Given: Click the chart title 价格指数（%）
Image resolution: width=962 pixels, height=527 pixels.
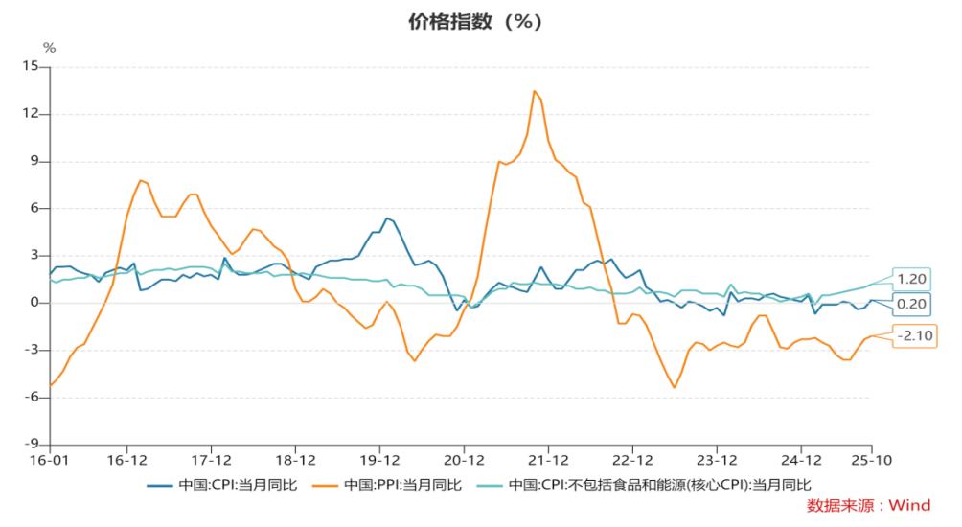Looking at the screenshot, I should pos(481,22).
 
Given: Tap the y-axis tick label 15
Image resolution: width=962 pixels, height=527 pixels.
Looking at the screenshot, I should pos(31,67).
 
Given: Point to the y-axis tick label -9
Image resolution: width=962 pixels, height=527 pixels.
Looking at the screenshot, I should pos(33,445).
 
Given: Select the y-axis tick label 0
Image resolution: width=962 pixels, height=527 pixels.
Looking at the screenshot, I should pos(34,303).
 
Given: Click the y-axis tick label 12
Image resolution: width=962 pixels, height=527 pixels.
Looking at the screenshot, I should pos(31,114).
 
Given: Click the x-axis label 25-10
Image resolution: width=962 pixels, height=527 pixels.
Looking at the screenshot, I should pos(870,461).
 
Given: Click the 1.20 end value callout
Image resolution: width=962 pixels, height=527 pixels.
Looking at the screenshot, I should pos(912,279).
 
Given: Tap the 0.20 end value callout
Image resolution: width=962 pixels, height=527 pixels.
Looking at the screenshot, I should pos(912,306).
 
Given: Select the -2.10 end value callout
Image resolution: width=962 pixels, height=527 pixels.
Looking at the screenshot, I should pos(914,335).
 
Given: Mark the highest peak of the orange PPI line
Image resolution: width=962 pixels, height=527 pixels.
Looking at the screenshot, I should pos(535,91).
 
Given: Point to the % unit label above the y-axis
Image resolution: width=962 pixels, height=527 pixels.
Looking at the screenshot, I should pos(50,47).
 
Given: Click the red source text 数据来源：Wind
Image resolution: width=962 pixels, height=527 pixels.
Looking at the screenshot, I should pos(868,505).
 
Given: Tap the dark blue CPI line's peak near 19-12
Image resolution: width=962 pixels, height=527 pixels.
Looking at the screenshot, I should pos(387,218).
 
